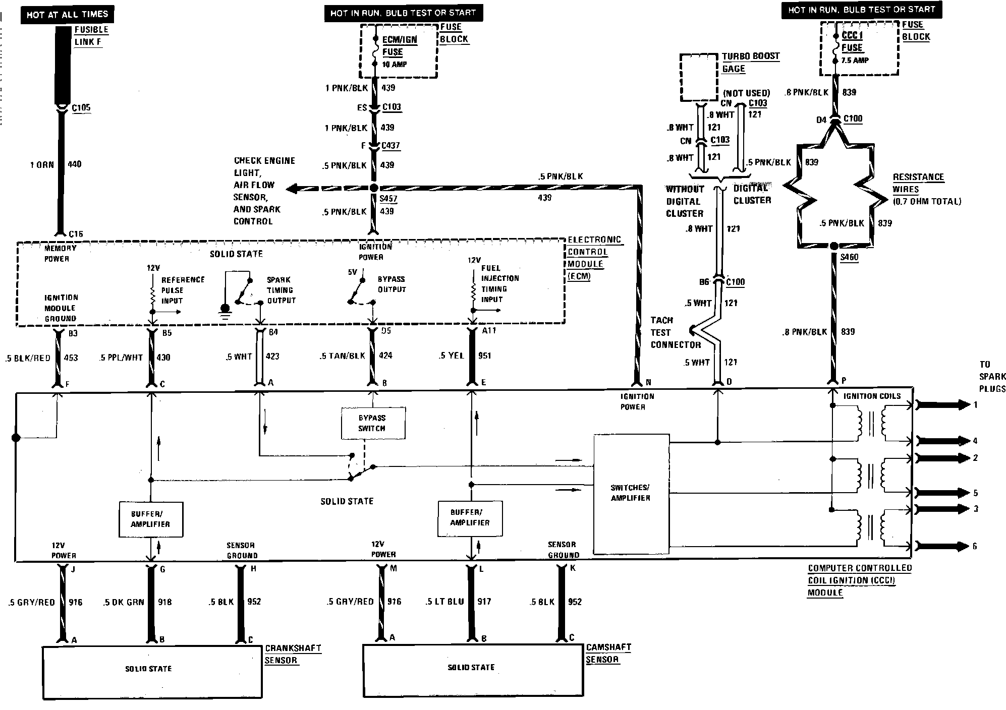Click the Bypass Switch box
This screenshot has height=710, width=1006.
[372, 423]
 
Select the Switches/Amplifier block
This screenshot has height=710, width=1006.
[631, 493]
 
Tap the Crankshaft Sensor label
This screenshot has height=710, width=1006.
[293, 654]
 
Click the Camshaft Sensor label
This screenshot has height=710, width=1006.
[608, 653]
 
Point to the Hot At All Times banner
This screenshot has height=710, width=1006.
[67, 15]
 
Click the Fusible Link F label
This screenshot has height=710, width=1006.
[91, 36]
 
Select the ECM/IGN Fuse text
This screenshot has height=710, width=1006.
[399, 45]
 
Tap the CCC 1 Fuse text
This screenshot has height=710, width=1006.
[852, 41]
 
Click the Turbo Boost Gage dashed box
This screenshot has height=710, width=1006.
[699, 78]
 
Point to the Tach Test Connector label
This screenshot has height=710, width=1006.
[675, 332]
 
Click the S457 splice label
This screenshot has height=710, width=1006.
[388, 199]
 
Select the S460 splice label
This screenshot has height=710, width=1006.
[849, 257]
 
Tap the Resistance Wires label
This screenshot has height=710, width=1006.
[918, 183]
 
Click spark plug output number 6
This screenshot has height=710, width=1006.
[975, 546]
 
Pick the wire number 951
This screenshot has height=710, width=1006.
[484, 356]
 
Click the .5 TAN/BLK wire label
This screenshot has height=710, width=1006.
[342, 356]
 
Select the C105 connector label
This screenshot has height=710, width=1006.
[81, 107]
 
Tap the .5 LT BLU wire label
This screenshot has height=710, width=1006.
[444, 602]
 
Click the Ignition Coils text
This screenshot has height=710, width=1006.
[872, 396]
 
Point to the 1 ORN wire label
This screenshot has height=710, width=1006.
[42, 164]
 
